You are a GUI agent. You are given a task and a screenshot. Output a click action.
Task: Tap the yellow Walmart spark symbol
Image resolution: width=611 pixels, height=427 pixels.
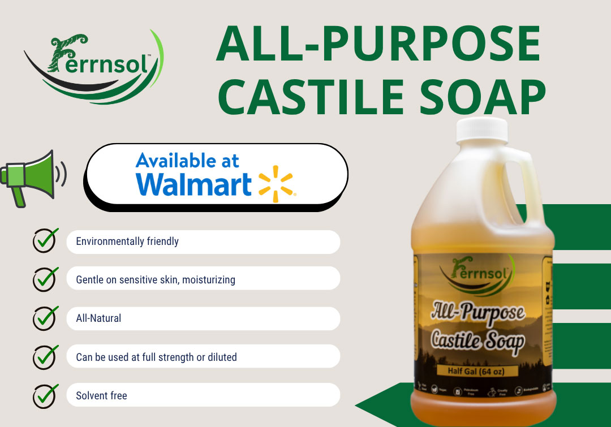pos(276,184)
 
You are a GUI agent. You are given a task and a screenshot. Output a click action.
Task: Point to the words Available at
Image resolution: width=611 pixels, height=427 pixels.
pos(187,161)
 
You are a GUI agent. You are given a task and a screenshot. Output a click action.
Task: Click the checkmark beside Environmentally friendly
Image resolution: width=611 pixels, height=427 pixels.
pos(45,241)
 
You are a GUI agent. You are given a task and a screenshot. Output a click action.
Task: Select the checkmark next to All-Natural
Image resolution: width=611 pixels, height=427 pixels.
pos(45,318)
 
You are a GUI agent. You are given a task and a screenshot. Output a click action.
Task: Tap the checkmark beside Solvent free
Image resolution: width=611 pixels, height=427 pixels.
pos(45,395)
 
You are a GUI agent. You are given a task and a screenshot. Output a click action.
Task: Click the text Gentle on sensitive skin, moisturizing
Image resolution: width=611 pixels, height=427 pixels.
pos(156,279)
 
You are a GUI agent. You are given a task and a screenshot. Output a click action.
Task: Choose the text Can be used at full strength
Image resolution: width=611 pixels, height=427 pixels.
pos(156,357)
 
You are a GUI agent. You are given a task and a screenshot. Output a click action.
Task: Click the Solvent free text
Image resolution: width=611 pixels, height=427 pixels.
pos(101,395)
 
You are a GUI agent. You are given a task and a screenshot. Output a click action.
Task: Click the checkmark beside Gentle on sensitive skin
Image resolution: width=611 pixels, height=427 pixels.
pos(45,279)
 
